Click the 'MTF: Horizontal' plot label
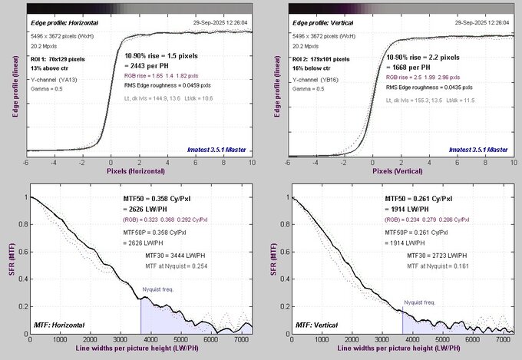click(60, 328)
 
